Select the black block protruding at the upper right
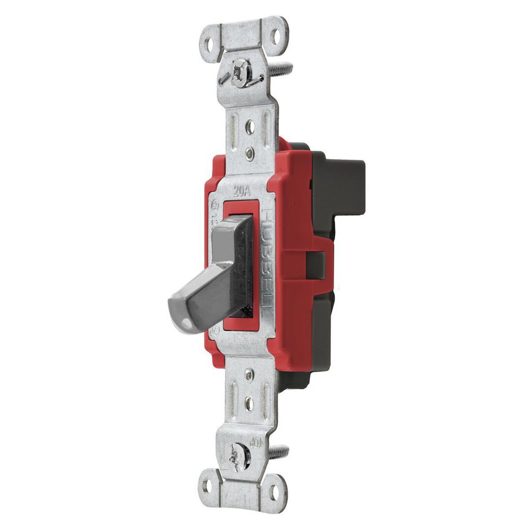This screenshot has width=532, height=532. [x=340, y=176]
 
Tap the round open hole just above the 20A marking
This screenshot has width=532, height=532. [x=249, y=127]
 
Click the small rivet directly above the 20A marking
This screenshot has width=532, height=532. [x=250, y=155]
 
